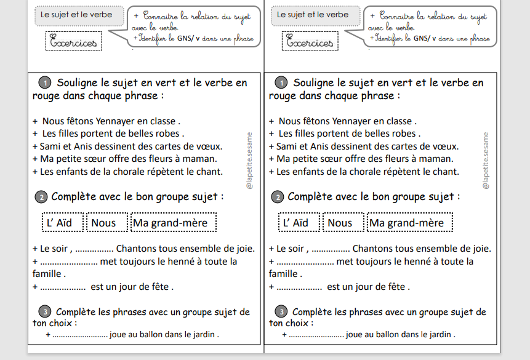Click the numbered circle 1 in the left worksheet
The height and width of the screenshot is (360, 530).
[x=44, y=83]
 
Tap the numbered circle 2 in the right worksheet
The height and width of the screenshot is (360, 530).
[x=278, y=198]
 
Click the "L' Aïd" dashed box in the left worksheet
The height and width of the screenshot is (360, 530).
[x=62, y=223]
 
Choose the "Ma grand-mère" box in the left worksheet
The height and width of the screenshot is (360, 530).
[x=174, y=223]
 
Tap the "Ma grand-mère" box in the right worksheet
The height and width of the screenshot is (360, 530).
[x=410, y=223]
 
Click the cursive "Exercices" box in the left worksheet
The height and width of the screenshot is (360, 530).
[x=74, y=42]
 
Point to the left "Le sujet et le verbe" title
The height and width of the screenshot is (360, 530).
[x=76, y=14]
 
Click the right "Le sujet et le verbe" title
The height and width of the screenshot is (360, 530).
[x=313, y=14]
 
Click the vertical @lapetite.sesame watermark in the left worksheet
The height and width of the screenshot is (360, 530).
[x=249, y=161]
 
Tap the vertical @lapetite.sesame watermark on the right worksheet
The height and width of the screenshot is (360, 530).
[x=486, y=161]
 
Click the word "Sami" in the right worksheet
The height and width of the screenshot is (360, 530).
[x=287, y=146]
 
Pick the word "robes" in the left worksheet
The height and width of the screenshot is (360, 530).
[x=165, y=134]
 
